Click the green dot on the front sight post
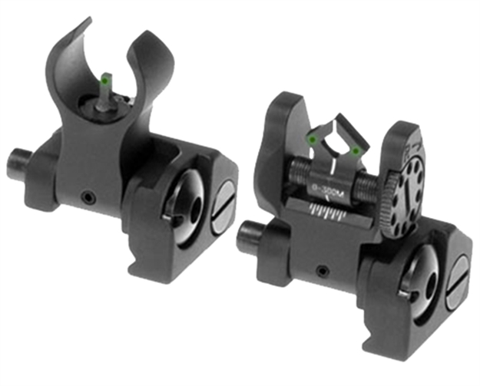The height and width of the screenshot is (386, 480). [104, 79]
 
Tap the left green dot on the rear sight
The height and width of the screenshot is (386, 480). [313, 140]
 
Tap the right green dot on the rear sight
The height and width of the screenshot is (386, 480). [356, 150]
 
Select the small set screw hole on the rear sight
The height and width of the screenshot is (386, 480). [323, 270]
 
